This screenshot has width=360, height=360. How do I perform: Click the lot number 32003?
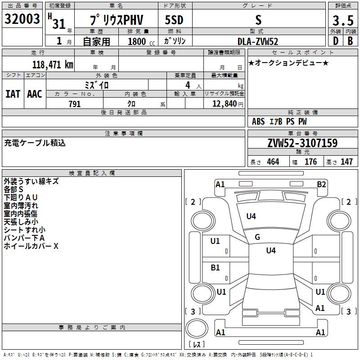coord(22,19)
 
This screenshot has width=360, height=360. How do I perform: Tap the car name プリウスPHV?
coord(116,20)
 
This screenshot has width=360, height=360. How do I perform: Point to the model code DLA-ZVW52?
coord(258,41)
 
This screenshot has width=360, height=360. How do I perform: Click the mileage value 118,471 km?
coord(52,65)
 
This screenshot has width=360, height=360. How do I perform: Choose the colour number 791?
coord(74,104)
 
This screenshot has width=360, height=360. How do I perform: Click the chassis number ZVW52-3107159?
coord(302,144)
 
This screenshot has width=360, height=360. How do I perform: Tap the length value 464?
coord(272,162)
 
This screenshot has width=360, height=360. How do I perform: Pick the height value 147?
coord(346,162)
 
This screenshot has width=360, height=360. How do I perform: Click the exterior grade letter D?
coord(335,41)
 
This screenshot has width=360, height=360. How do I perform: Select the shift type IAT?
coord(13,94)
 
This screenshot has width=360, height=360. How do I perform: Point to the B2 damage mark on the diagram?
coord(321,184)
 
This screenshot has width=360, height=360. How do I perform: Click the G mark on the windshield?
coord(257,237)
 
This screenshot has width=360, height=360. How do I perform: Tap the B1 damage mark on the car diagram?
coord(216,268)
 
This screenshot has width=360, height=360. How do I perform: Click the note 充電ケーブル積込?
coord(35,143)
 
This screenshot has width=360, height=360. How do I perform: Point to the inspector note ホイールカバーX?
coord(31,246)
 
